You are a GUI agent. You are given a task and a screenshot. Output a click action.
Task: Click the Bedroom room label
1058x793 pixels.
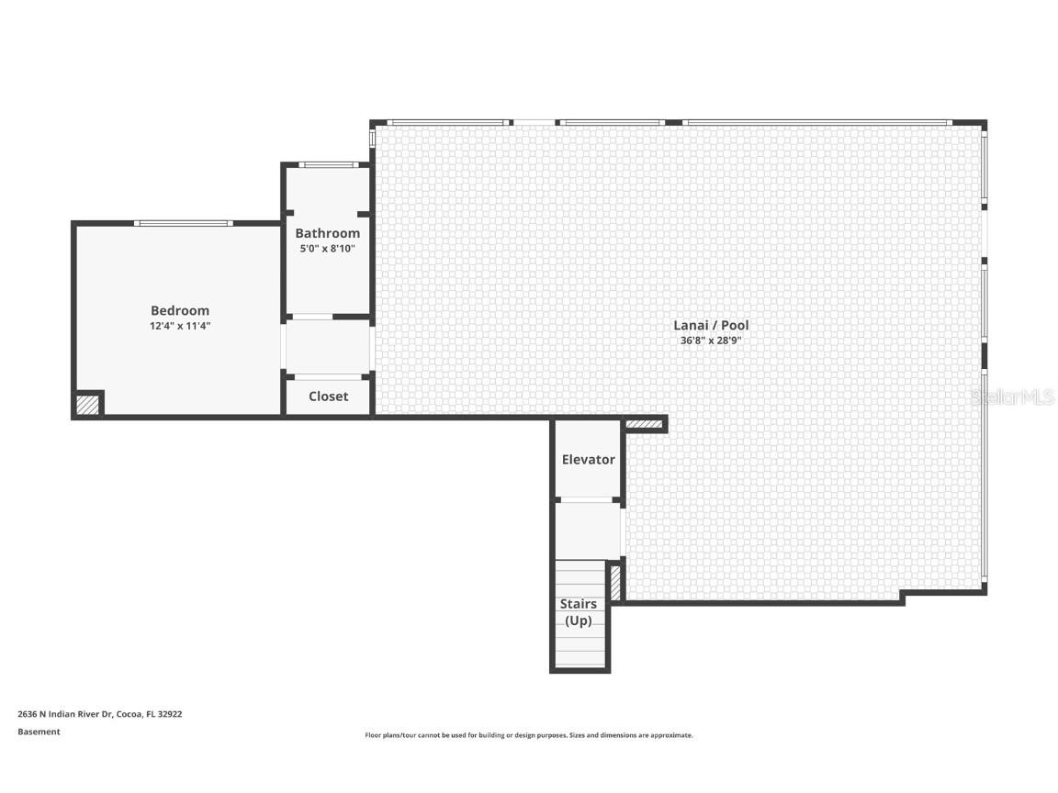pyautogui.click(x=180, y=310)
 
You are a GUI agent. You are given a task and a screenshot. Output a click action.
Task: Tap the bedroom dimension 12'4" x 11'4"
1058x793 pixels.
pyautogui.click(x=180, y=326)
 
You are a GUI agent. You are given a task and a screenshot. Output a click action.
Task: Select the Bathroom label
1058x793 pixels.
pyautogui.click(x=327, y=233)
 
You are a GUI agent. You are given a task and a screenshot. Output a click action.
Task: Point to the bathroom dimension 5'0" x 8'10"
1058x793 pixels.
pyautogui.click(x=327, y=249)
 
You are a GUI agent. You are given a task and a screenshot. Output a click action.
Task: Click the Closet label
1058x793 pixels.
pyautogui.click(x=328, y=396)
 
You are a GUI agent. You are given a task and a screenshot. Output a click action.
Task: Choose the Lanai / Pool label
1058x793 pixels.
pyautogui.click(x=711, y=325)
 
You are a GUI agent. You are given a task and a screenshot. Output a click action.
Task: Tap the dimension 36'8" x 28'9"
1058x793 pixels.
pyautogui.click(x=711, y=341)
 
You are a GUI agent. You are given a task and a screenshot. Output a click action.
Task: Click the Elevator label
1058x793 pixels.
pyautogui.click(x=588, y=459)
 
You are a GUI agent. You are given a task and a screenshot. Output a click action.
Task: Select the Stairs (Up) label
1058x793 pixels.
pyautogui.click(x=579, y=612)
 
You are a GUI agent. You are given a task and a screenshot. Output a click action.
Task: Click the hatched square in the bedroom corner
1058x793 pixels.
pyautogui.click(x=88, y=404)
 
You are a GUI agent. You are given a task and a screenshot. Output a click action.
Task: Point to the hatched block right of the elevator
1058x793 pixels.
pyautogui.click(x=644, y=424)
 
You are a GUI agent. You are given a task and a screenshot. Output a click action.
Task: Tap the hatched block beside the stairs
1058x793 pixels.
pyautogui.click(x=615, y=582)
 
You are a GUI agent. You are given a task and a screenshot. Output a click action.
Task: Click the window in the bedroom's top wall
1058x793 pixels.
pyautogui.click(x=184, y=223)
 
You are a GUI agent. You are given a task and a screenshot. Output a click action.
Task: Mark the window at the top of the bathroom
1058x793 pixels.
pyautogui.click(x=328, y=165)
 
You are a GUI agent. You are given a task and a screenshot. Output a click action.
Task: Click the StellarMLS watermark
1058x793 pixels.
pyautogui.click(x=1013, y=396)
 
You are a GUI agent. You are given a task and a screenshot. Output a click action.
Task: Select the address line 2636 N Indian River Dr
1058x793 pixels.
pyautogui.click(x=99, y=713)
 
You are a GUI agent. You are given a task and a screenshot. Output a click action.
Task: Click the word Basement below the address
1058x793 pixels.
pyautogui.click(x=39, y=732)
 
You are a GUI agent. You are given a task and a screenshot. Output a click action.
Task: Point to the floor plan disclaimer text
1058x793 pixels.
pyautogui.click(x=529, y=735)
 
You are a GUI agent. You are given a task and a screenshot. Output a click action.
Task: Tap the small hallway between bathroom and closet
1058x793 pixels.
pyautogui.click(x=328, y=347)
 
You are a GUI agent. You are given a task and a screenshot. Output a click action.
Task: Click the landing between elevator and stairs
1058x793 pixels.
pyautogui.click(x=588, y=531)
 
